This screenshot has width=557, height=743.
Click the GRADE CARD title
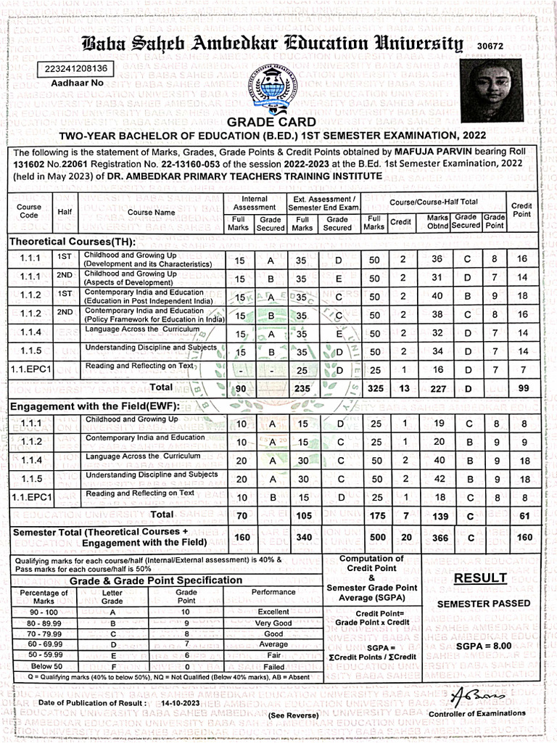tap(272, 122)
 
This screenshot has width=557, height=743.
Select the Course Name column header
tap(152, 213)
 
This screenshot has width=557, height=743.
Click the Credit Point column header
tap(521, 210)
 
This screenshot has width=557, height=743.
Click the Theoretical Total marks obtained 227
tap(437, 388)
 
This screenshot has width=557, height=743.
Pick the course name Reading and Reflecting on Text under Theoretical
tap(139, 366)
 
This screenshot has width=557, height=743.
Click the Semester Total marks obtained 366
tap(437, 538)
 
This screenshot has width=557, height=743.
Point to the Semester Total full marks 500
tap(374, 538)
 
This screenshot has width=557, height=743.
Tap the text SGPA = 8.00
tap(484, 646)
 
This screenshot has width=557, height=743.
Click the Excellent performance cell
tap(273, 612)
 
